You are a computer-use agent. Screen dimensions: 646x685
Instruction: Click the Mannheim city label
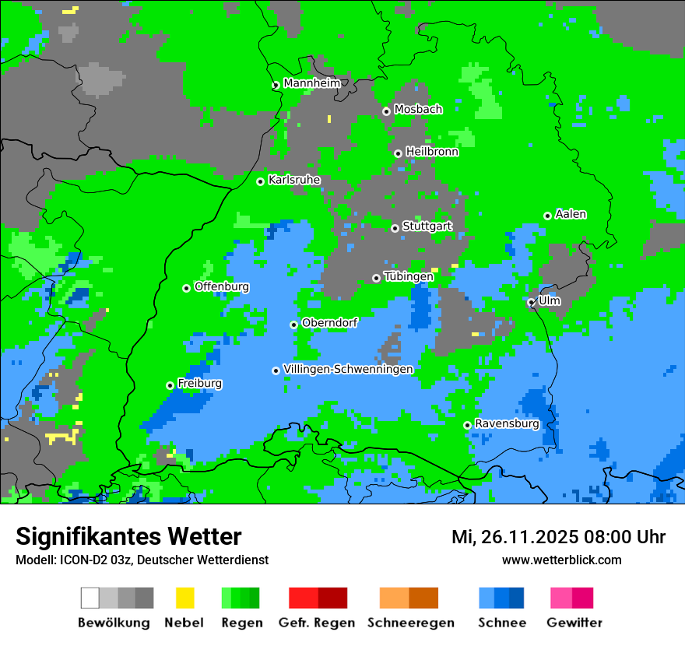(311, 83)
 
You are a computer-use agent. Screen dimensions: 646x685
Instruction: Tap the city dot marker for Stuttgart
(395, 228)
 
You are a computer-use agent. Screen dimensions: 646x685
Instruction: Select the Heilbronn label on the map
(432, 152)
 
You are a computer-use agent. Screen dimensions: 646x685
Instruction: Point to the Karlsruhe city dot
(261, 181)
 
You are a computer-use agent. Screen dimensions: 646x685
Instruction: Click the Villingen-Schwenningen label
(348, 369)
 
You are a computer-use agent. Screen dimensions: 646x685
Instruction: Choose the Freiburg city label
(199, 384)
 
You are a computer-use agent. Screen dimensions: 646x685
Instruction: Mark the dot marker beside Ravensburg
(467, 425)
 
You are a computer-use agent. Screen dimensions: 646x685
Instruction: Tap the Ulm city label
(550, 300)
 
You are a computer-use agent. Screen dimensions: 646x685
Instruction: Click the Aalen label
(571, 214)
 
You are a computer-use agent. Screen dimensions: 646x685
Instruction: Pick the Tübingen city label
(409, 277)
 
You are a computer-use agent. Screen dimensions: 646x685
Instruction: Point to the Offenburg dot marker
(186, 288)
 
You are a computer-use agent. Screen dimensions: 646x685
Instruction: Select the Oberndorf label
(329, 323)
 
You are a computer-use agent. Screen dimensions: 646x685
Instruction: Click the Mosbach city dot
(386, 111)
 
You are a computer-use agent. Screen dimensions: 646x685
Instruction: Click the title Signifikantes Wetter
(128, 537)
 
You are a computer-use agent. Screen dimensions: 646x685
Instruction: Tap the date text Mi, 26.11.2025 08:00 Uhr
(558, 537)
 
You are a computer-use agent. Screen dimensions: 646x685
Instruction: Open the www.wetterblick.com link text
(561, 560)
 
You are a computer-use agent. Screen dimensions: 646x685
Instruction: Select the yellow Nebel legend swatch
(184, 598)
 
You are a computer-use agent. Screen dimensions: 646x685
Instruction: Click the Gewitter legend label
(574, 623)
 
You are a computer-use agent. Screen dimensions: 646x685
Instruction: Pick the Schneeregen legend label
(411, 623)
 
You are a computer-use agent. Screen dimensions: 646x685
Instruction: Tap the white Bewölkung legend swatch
(90, 598)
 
